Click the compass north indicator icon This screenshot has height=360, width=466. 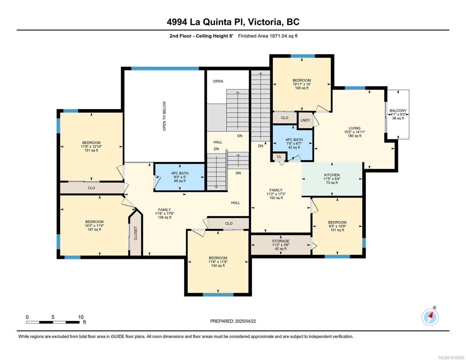coord(430,317)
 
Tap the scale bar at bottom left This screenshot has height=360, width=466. coord(53,322)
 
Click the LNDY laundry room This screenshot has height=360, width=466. coord(305,120)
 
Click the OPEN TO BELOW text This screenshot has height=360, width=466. coord(164,116)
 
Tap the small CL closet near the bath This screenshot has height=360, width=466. coord(279,157)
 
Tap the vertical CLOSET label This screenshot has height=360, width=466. coord(135,233)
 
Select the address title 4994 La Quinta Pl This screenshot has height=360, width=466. coord(233,22)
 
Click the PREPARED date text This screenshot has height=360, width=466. coord(233,321)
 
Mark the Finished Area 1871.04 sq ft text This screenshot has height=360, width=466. coord(268,36)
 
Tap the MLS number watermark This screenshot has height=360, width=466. coord(451,357)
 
